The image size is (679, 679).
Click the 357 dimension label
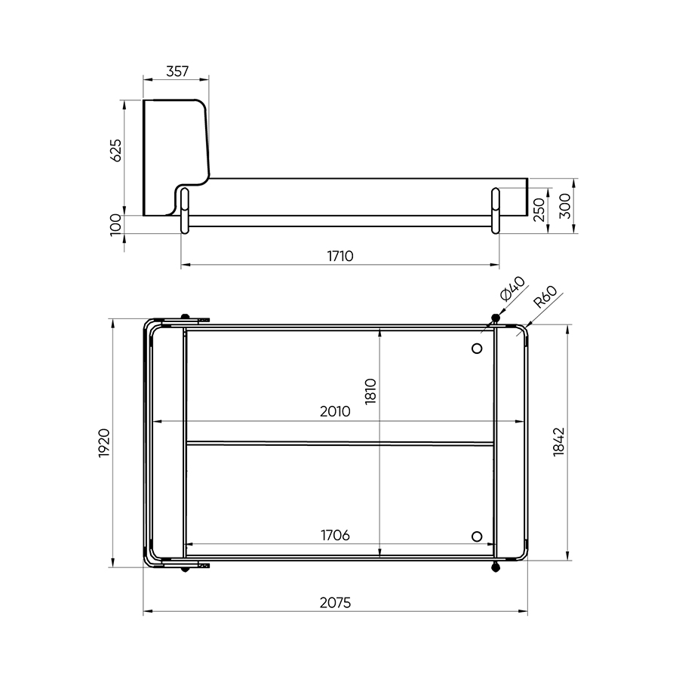[x=177, y=71]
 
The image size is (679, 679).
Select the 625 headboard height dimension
[x=116, y=150]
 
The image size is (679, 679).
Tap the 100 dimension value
[x=115, y=225]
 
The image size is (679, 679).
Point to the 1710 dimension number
[x=340, y=256]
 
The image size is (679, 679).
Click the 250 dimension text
[x=539, y=210]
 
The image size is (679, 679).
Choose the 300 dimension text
[x=565, y=206]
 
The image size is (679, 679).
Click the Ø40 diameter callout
[x=513, y=289]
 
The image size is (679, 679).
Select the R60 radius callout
[x=545, y=296]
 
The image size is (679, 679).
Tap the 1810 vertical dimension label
[x=370, y=392]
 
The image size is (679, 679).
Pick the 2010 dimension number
[x=335, y=411]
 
